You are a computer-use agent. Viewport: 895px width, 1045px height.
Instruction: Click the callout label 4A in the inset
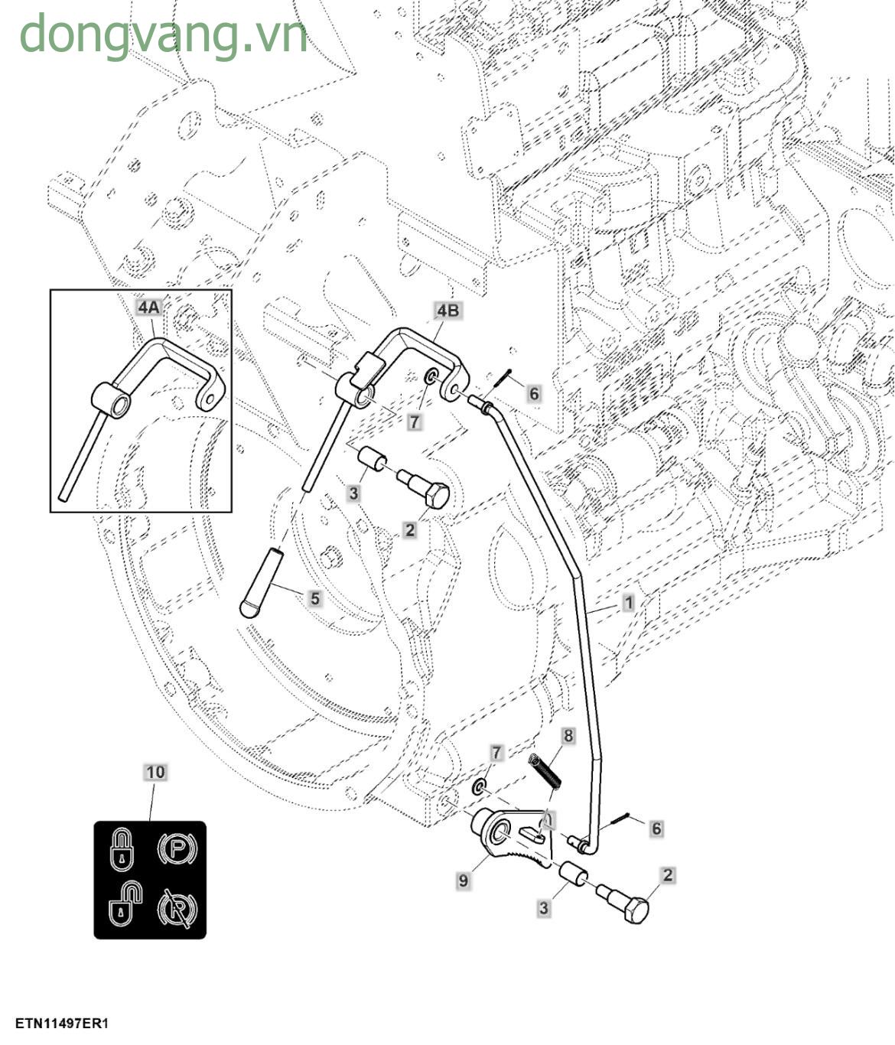point(148,308)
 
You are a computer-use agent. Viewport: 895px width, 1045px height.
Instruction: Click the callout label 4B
point(448,310)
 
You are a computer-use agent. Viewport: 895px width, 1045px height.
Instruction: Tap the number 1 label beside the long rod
point(629,602)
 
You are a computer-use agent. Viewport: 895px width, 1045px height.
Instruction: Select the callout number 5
point(315,597)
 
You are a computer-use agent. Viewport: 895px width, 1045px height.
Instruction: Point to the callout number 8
point(568,736)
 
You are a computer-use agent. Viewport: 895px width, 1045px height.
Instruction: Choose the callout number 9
point(463,881)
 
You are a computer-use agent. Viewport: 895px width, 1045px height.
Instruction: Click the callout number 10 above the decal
point(155,772)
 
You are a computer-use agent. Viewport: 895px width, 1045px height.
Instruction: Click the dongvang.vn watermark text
point(163,34)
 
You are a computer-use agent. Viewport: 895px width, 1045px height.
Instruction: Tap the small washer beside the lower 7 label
point(479,787)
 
